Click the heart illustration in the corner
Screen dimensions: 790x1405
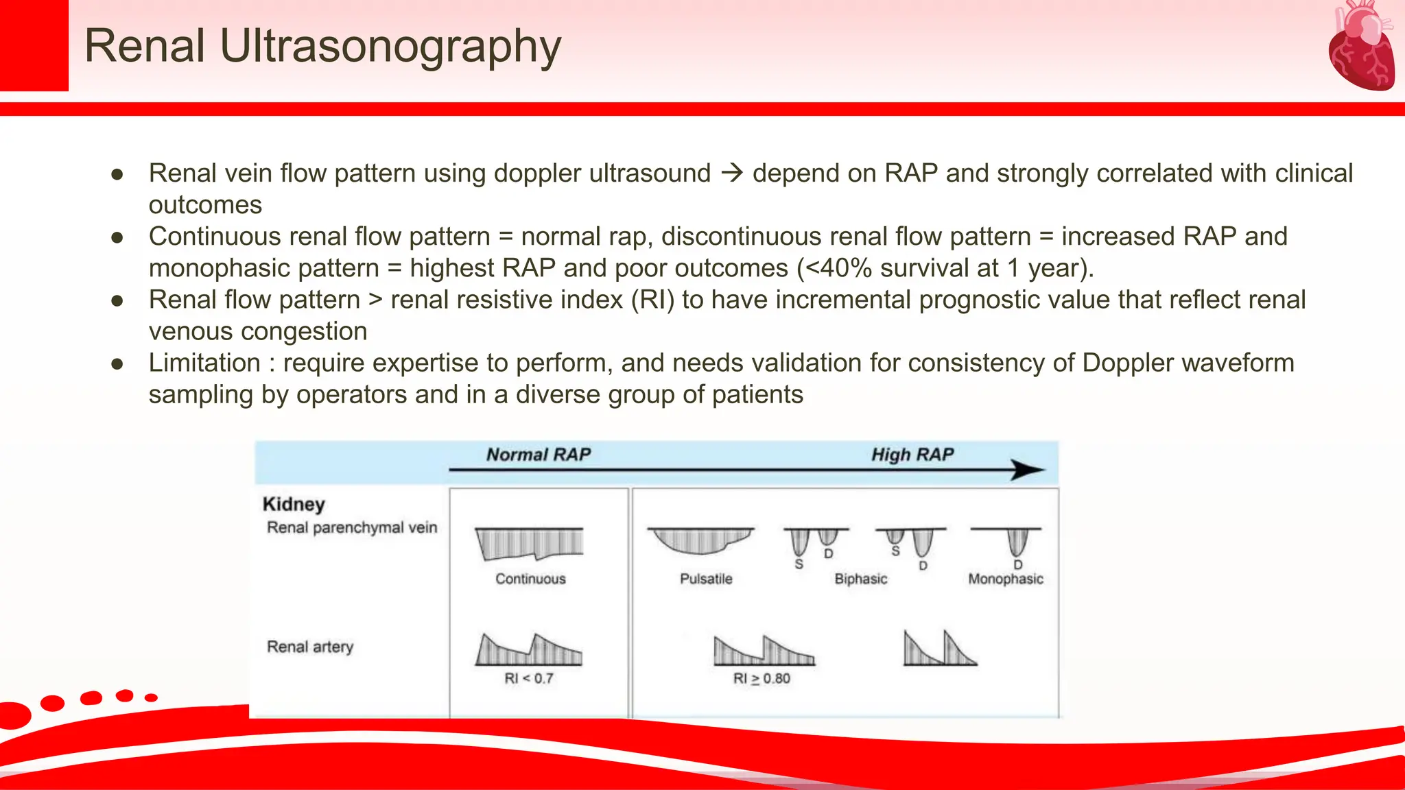click(x=1361, y=47)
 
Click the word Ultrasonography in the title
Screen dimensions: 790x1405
click(x=390, y=47)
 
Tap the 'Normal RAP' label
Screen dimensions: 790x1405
click(x=538, y=455)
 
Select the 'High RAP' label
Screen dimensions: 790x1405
click(x=912, y=455)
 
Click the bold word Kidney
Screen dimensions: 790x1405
click(x=294, y=504)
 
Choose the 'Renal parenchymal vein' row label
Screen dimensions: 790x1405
click(x=351, y=527)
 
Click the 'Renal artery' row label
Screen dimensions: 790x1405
click(x=310, y=647)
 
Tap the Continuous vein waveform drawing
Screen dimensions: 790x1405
click(x=529, y=543)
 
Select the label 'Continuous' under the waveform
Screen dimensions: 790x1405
click(x=530, y=579)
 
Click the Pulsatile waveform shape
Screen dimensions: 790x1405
click(x=700, y=540)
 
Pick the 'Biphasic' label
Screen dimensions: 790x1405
click(x=860, y=579)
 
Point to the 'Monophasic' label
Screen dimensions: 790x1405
click(x=1005, y=579)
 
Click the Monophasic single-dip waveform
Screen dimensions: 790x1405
click(x=1017, y=541)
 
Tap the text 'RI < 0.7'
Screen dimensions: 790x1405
click(x=528, y=678)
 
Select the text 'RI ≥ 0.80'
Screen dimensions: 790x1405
click(x=761, y=678)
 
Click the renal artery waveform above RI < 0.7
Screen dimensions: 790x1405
click(x=528, y=650)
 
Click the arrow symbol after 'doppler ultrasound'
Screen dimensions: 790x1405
click(x=732, y=173)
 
